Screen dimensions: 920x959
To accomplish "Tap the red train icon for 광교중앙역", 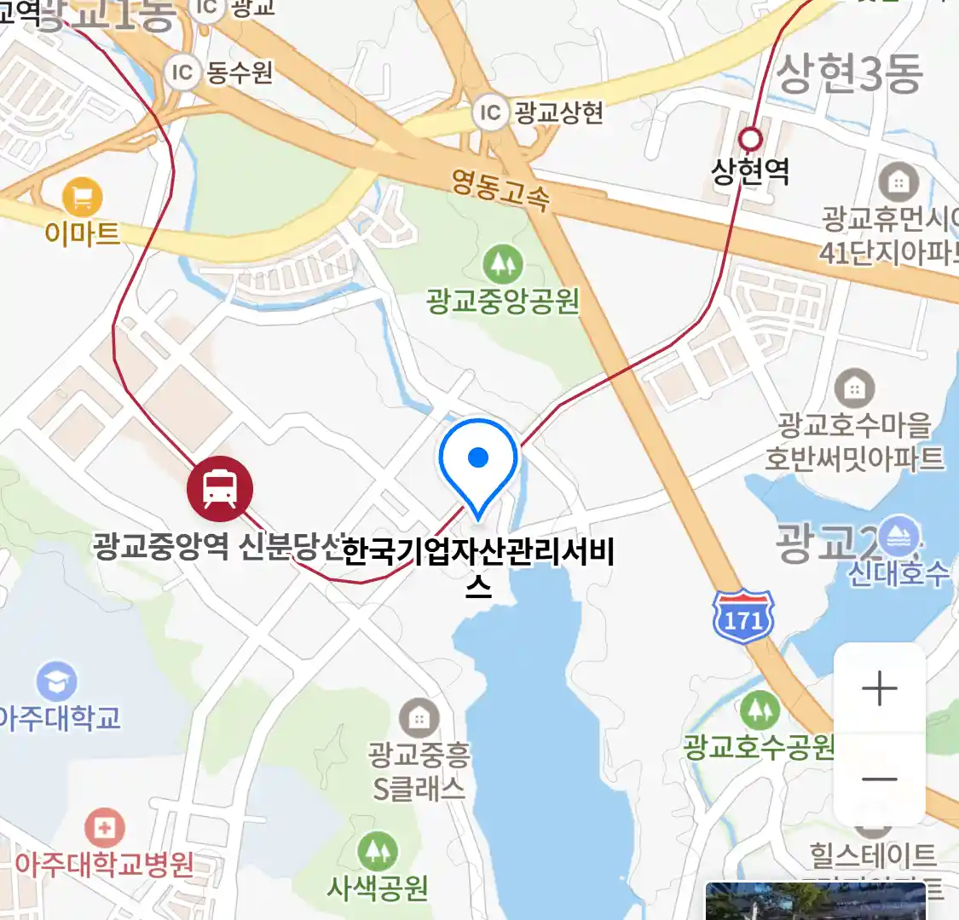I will click(220, 490).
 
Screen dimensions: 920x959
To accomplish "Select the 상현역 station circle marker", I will click(750, 138).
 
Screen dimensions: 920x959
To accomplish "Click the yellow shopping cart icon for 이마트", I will click(82, 198).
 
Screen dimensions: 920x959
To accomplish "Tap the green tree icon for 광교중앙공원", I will click(503, 265).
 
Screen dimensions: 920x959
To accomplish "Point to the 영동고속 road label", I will click(500, 190).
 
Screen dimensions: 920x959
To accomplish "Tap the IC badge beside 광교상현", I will click(490, 112).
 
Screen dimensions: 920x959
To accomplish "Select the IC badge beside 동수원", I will click(182, 72).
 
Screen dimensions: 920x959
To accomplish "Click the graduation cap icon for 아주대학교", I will click(57, 681).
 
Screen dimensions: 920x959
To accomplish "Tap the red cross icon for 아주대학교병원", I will click(105, 827).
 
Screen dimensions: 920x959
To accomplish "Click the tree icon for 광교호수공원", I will click(760, 710).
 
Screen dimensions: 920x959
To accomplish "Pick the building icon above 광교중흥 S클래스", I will click(419, 718).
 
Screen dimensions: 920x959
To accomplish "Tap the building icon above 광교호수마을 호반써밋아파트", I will click(854, 388).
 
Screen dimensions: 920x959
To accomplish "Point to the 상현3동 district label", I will click(849, 74).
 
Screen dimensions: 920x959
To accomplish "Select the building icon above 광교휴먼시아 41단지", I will click(898, 181).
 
